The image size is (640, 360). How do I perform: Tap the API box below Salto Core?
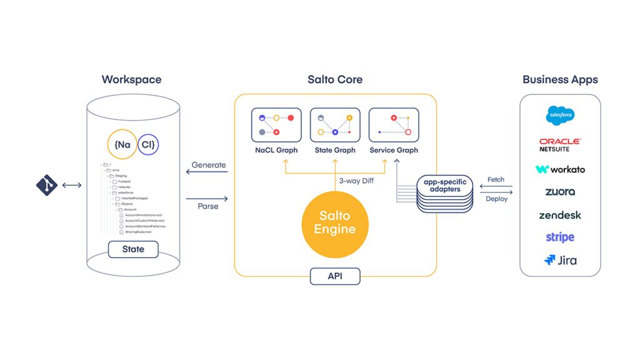coord(335,276)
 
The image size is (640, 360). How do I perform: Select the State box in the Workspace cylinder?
coord(133,249)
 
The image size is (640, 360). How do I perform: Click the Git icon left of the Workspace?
coord(47,185)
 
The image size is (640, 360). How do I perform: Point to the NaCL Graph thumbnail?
coord(276,125)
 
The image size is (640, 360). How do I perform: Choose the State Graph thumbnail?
coord(335,125)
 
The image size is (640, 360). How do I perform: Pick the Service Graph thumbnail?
coord(394,125)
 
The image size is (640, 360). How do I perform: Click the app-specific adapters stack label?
coord(444,186)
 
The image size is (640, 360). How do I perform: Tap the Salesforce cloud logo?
coord(561,116)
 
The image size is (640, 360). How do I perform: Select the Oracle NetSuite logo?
coord(560,145)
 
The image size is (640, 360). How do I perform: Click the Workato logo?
coord(560,169)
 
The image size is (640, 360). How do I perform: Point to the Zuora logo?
coord(560,192)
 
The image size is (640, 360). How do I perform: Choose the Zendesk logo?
coord(560,215)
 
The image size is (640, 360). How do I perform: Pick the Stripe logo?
coord(560,237)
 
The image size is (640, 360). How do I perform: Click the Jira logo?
coord(560,260)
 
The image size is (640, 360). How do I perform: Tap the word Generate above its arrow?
coord(209,165)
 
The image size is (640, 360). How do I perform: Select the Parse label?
coord(208,206)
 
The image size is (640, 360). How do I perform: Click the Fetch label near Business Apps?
coord(496,179)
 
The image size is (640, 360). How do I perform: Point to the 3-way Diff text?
coord(357,181)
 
